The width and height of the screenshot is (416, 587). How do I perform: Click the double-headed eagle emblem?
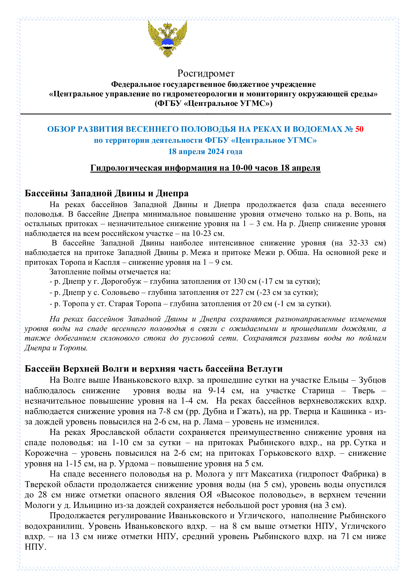pyautogui.click(x=168, y=39)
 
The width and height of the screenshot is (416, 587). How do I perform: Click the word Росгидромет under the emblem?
pyautogui.click(x=206, y=73)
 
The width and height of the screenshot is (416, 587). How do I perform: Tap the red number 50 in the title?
pyautogui.click(x=359, y=129)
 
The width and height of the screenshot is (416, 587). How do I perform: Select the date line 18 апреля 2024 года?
pyautogui.click(x=205, y=151)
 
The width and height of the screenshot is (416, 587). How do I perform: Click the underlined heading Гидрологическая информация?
pyautogui.click(x=205, y=168)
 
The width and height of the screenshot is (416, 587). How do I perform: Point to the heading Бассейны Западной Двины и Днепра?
pyautogui.click(x=106, y=193)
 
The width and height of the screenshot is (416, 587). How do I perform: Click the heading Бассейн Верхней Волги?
pyautogui.click(x=153, y=369)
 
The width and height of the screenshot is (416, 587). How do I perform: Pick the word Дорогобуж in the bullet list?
pyautogui.click(x=121, y=281)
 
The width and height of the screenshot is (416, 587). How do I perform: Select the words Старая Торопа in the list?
pyautogui.click(x=135, y=303)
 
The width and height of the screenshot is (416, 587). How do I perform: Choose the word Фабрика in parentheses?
pyautogui.click(x=360, y=474)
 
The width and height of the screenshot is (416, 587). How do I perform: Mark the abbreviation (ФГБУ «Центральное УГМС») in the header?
pyautogui.click(x=213, y=103)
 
